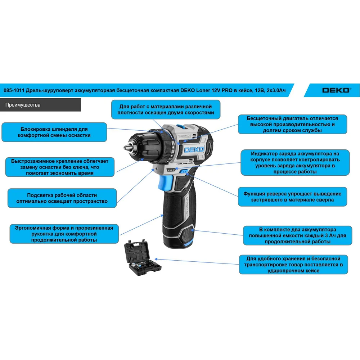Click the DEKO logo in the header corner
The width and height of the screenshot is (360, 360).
[337, 90]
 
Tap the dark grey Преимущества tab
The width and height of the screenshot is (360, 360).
[40, 105]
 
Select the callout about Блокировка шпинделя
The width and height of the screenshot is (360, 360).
[54, 132]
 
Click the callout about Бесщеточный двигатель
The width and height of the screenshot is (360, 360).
[292, 124]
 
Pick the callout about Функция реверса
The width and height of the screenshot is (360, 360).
[292, 197]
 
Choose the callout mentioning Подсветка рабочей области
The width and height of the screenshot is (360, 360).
[62, 198]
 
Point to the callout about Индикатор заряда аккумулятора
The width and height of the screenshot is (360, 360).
[295, 163]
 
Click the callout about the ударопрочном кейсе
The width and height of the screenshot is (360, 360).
[293, 265]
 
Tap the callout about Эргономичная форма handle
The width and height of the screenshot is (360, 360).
[64, 234]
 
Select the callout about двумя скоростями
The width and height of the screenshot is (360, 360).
[166, 109]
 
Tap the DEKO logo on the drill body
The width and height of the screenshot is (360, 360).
[194, 150]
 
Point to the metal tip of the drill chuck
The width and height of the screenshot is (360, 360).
[126, 147]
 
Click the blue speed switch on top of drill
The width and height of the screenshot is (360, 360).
[181, 126]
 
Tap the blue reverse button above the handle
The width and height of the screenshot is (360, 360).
[184, 171]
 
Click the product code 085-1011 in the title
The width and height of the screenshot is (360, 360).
[14, 90]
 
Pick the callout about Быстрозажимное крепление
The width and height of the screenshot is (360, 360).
[60, 167]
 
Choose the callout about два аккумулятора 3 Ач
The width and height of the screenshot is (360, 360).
[298, 235]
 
